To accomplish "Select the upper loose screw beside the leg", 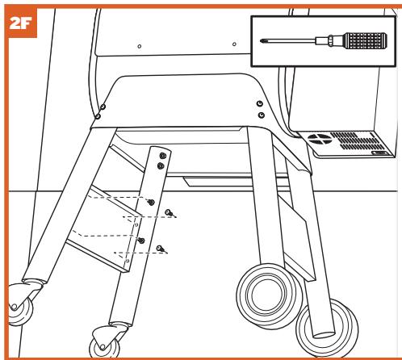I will [x=169, y=212].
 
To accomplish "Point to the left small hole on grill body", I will [x=140, y=47].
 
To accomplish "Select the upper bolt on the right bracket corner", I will [x=258, y=104].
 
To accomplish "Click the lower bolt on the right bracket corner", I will [x=260, y=116].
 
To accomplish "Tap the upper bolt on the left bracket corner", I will [x=103, y=103].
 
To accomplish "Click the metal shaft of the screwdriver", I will [x=299, y=38].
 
